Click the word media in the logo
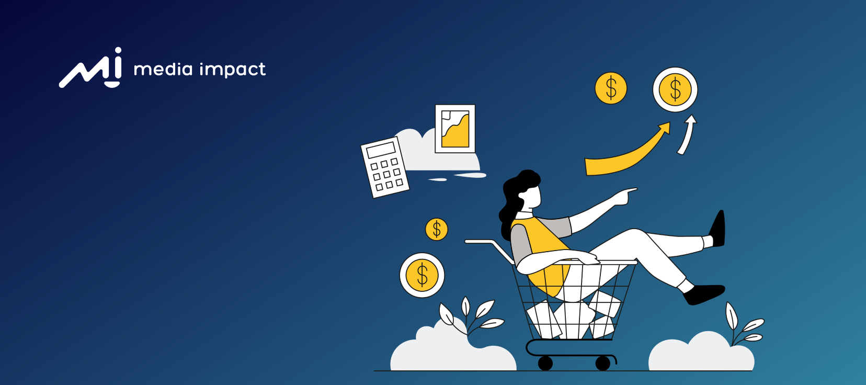point(163,70)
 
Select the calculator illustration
point(385,167)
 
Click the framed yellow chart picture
point(455,129)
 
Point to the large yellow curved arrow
point(628,154)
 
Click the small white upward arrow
point(687,134)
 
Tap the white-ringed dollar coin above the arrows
point(675,89)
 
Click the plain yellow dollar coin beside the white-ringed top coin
point(611,88)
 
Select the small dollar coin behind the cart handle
point(437,229)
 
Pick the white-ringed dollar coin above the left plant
point(422,275)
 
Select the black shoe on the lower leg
point(704,294)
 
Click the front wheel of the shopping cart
point(603,363)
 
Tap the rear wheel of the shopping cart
point(545,363)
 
